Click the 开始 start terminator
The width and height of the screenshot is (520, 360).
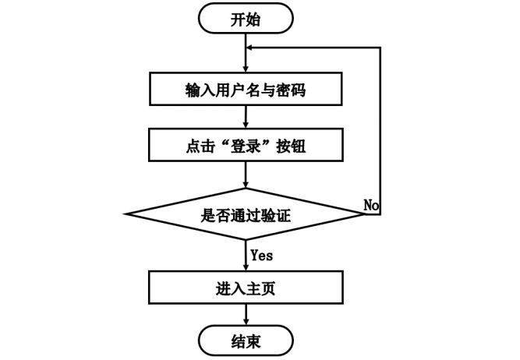coord(246,19)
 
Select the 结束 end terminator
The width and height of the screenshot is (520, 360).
coord(246,341)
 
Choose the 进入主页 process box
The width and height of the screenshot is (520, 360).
coord(246,288)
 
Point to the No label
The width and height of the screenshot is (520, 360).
coord(371,204)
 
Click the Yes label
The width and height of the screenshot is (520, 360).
coord(262,255)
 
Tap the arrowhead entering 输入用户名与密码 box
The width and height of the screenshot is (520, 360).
coord(246,69)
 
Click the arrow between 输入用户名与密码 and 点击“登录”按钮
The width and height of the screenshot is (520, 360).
coord(246,116)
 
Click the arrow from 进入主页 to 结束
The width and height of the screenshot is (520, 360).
coord(246,314)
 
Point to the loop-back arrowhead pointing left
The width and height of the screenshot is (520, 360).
coord(251,48)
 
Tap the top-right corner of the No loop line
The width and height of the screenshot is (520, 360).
coord(380,48)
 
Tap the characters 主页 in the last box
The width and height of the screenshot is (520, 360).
coord(261,288)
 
